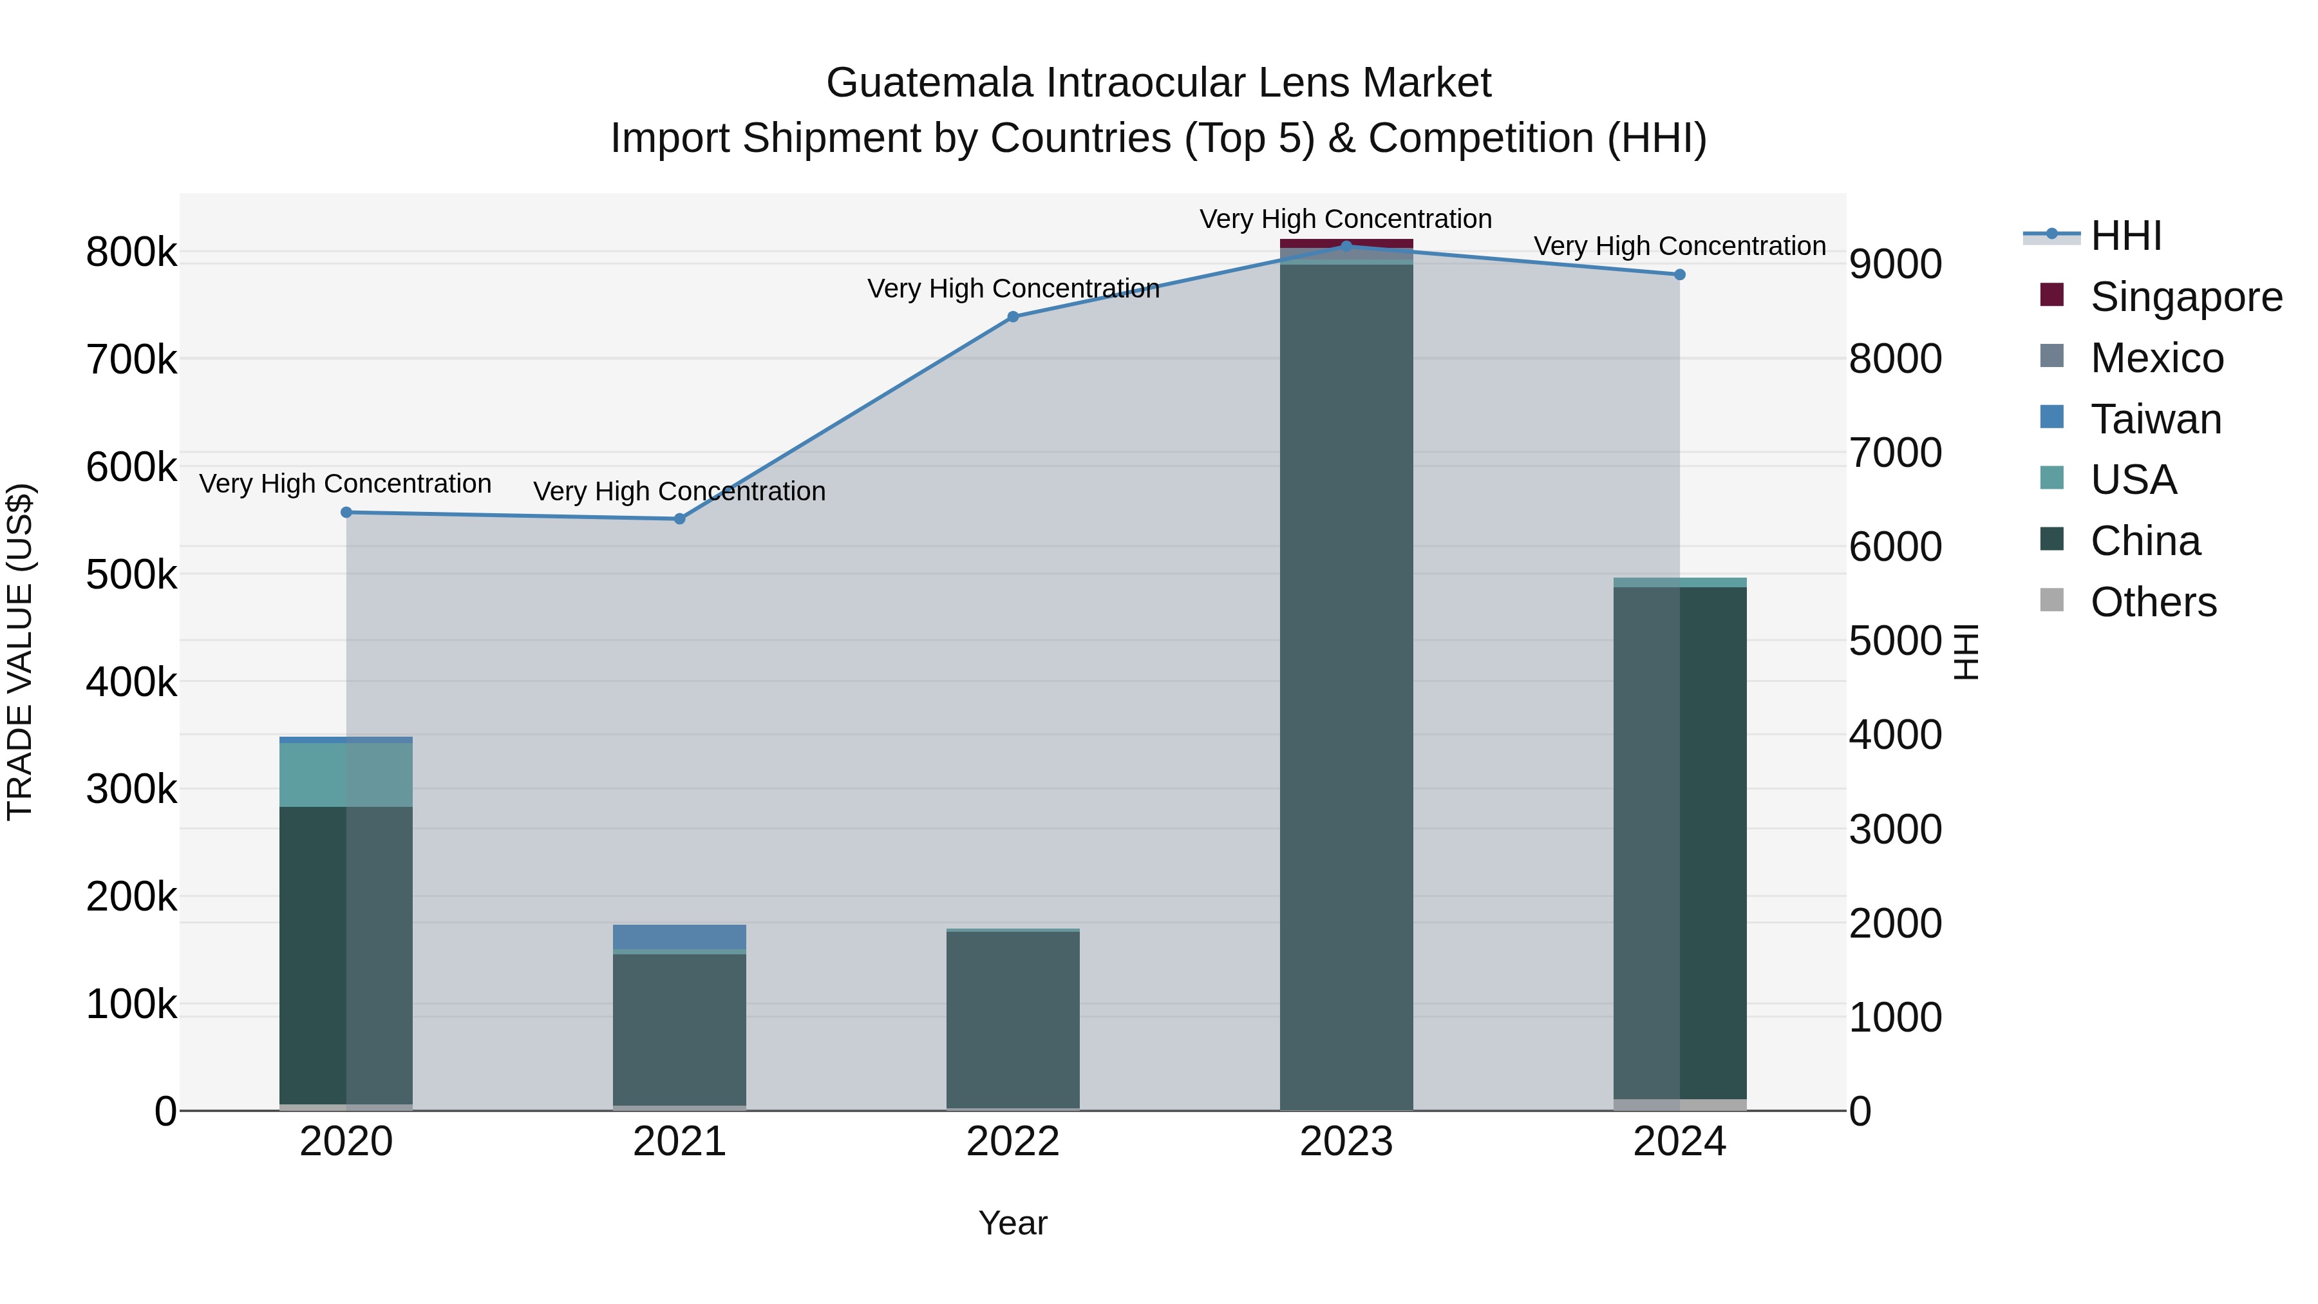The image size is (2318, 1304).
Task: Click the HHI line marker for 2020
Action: (346, 512)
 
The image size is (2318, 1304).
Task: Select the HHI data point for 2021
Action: (679, 518)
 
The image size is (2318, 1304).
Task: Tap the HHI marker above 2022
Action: (1012, 317)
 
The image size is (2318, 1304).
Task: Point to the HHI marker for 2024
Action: (1679, 274)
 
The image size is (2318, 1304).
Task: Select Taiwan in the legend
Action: (2155, 419)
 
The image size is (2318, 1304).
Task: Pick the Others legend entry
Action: (2153, 602)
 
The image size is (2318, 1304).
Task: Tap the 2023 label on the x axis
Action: (1346, 1142)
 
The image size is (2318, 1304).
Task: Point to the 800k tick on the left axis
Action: (131, 252)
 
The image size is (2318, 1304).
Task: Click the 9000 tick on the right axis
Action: (1895, 265)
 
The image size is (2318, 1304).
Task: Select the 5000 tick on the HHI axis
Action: (1895, 641)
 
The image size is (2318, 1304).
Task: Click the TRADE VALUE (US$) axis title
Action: (20, 652)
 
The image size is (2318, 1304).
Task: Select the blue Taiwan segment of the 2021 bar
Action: (679, 936)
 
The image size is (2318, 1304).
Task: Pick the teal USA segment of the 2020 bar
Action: (346, 775)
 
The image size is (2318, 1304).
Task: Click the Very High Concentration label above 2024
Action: (1679, 247)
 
